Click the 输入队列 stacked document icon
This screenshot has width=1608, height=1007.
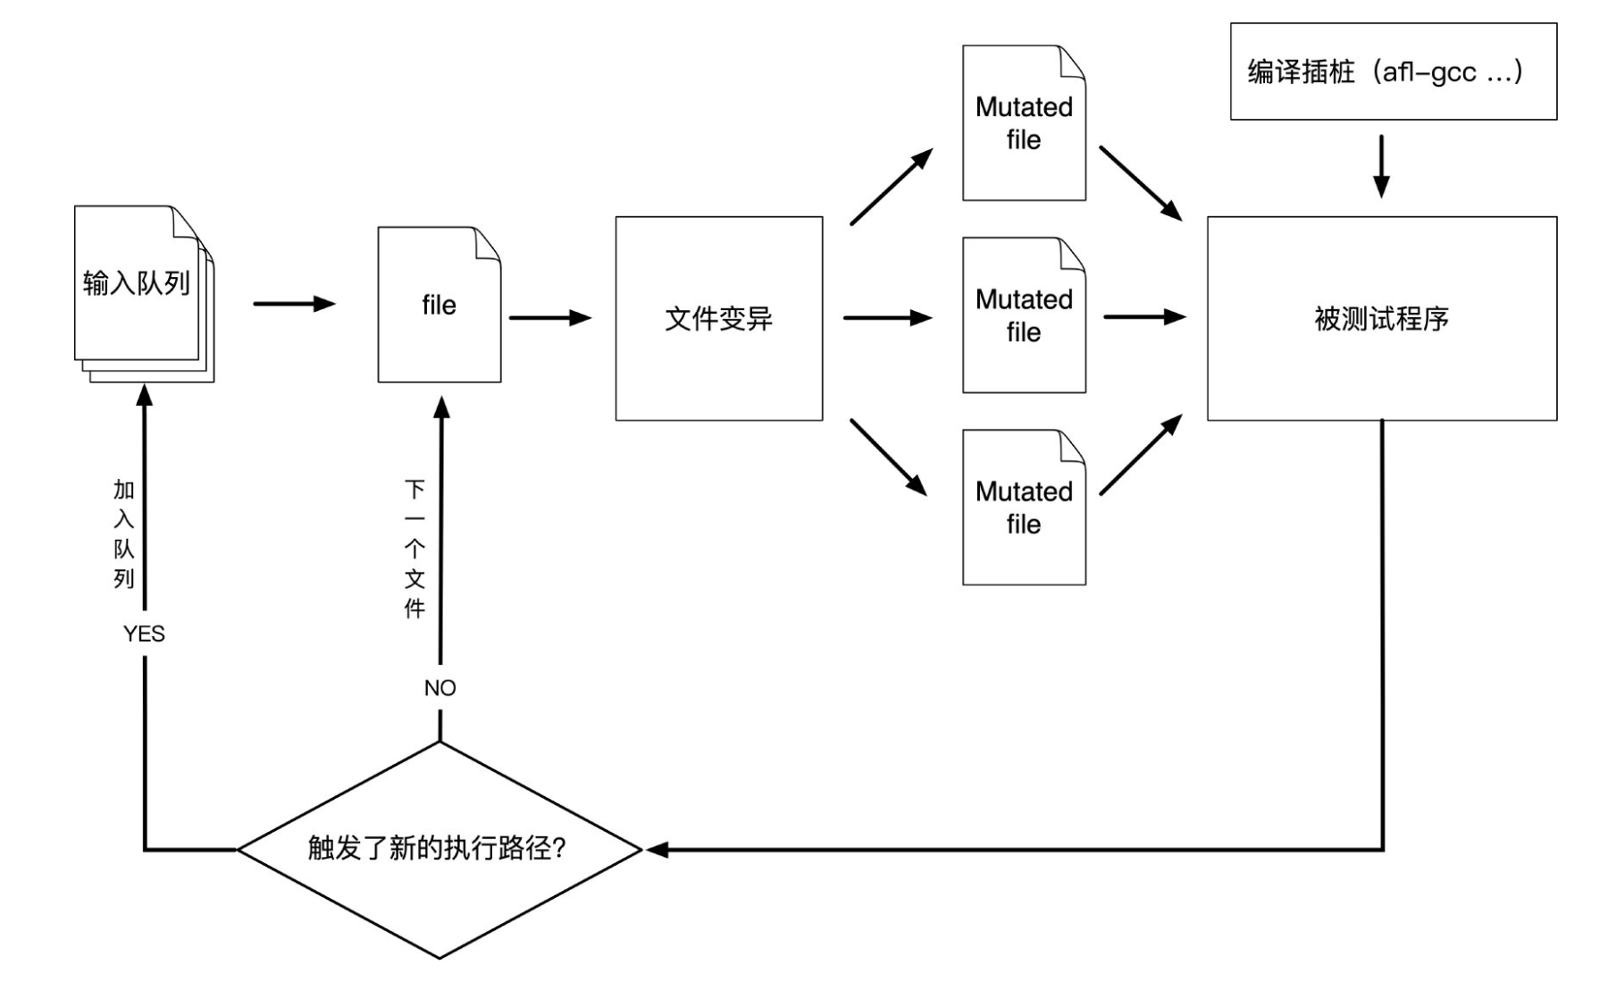click(138, 286)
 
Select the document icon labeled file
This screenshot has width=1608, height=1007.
click(439, 306)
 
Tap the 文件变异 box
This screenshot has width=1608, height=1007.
click(718, 318)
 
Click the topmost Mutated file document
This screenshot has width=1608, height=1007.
click(1024, 123)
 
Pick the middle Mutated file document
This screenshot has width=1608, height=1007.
click(1024, 315)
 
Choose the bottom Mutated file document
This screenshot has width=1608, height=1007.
click(1024, 508)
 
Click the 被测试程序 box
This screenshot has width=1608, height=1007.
click(1381, 318)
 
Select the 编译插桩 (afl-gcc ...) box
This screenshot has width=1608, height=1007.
click(1393, 71)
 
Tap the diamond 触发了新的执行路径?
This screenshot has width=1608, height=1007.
click(439, 849)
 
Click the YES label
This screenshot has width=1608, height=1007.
click(144, 634)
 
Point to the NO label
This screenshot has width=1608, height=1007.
click(440, 688)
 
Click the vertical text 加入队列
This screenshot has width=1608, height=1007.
click(123, 533)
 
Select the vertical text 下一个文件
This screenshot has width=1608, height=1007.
click(415, 549)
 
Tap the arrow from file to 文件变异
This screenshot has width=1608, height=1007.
click(549, 317)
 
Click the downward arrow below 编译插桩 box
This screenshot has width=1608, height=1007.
click(1381, 166)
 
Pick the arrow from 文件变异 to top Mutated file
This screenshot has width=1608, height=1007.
click(891, 188)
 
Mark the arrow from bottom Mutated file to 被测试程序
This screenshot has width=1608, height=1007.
click(1141, 455)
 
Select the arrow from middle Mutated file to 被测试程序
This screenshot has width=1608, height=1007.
click(1144, 316)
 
